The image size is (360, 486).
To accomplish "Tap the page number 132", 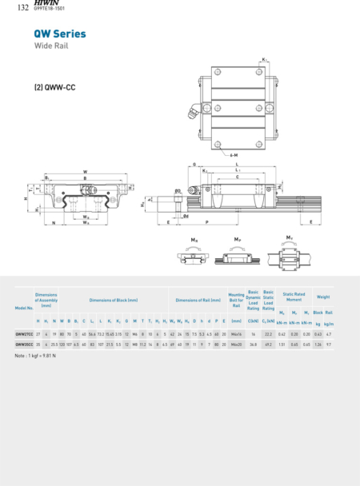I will click(22, 8).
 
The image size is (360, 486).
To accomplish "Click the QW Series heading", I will click(59, 34).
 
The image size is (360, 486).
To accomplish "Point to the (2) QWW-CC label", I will click(54, 86).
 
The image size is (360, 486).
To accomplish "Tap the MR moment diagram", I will click(194, 255).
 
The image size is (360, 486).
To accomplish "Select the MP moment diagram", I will click(238, 255).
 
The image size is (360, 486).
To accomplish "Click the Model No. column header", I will click(23, 308).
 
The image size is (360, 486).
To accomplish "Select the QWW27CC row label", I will click(23, 333).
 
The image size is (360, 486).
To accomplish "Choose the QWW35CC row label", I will click(23, 344).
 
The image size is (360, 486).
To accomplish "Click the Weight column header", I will click(322, 297).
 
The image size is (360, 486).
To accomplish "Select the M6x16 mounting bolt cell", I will click(236, 333).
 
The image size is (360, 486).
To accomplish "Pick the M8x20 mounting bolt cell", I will click(236, 344).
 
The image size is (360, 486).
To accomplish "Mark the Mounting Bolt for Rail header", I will click(236, 300).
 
